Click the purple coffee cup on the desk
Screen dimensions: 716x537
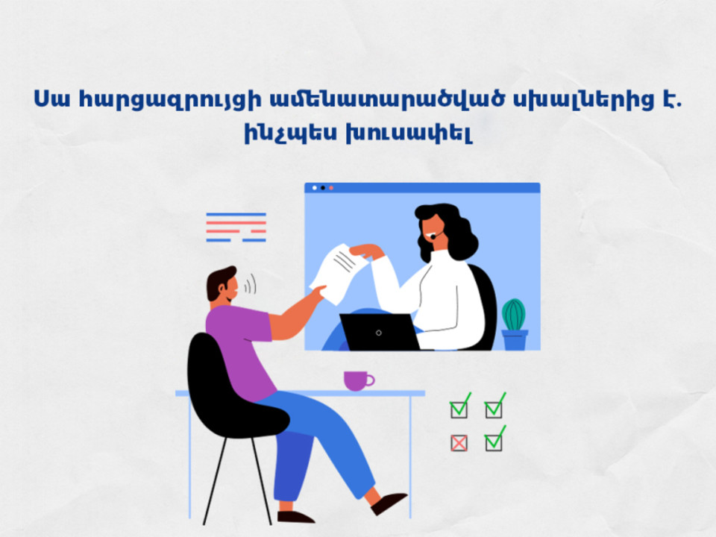(x=357, y=380)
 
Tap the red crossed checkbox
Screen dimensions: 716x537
(x=459, y=443)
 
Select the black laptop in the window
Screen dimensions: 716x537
(x=380, y=332)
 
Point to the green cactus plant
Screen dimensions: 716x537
(x=514, y=315)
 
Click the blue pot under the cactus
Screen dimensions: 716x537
(x=515, y=340)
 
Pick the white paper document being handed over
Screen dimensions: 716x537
(x=339, y=273)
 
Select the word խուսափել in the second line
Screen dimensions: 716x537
(x=409, y=134)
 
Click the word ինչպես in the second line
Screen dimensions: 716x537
(x=290, y=134)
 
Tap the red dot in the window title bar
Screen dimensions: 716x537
(x=331, y=188)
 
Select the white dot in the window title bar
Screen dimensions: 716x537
(x=314, y=188)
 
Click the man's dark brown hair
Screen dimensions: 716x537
(x=219, y=281)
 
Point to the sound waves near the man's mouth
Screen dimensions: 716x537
(x=250, y=284)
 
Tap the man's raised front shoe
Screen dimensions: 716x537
(x=388, y=502)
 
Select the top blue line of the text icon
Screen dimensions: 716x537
(x=236, y=214)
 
